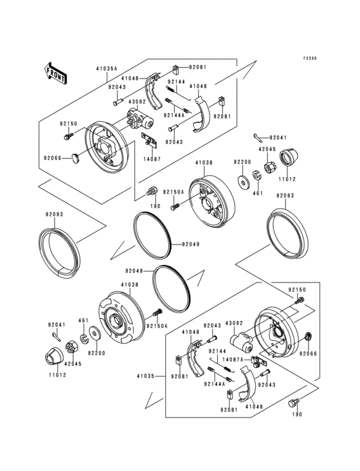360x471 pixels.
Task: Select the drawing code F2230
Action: pyautogui.click(x=311, y=57)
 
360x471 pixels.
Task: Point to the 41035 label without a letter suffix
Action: pyautogui.click(x=145, y=376)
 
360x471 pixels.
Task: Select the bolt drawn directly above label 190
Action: pyautogui.click(x=295, y=403)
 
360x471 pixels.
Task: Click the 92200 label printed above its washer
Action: pyautogui.click(x=242, y=162)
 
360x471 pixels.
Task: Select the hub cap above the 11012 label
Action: pyautogui.click(x=285, y=156)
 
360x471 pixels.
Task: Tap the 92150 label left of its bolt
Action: pyautogui.click(x=69, y=123)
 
